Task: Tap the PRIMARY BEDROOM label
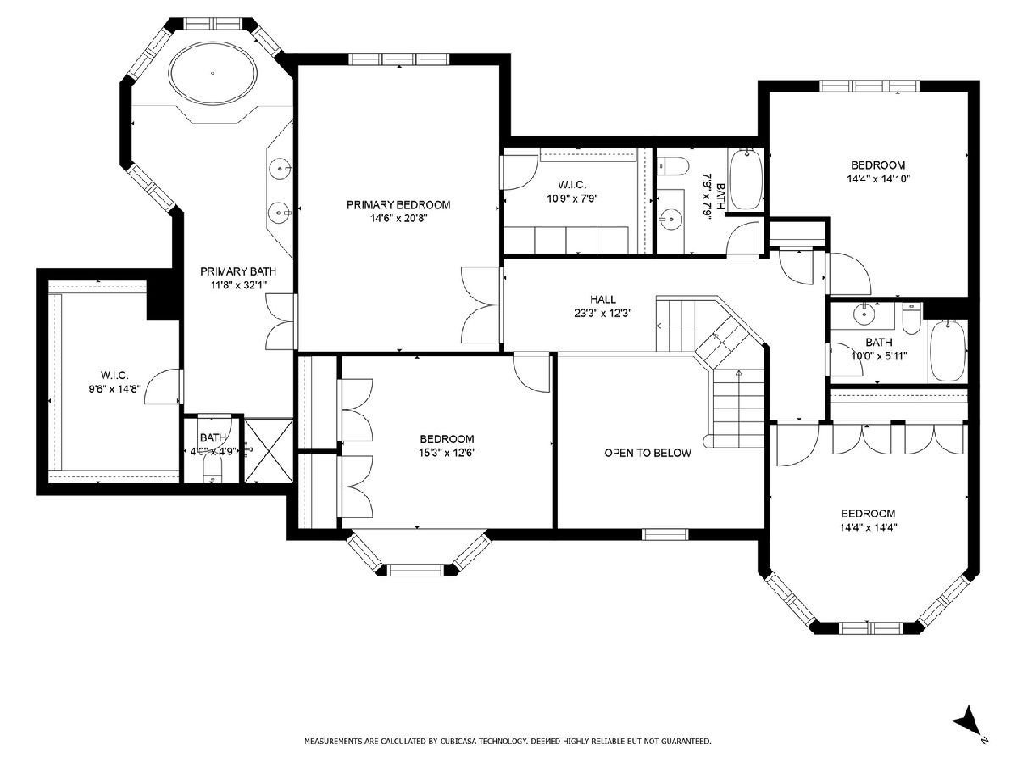(398, 205)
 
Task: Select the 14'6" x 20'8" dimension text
(398, 219)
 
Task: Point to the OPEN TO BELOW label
(647, 453)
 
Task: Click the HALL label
(603, 299)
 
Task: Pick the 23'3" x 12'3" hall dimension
(603, 313)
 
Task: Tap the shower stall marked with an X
(269, 451)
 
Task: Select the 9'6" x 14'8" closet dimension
(114, 389)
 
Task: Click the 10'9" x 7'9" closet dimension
(572, 198)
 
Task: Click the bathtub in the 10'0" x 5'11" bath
(948, 351)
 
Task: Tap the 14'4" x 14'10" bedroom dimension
(878, 179)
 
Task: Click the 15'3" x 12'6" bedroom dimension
(447, 453)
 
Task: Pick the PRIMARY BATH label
(238, 271)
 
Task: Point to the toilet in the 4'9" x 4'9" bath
(213, 470)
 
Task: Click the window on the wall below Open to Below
(665, 535)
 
